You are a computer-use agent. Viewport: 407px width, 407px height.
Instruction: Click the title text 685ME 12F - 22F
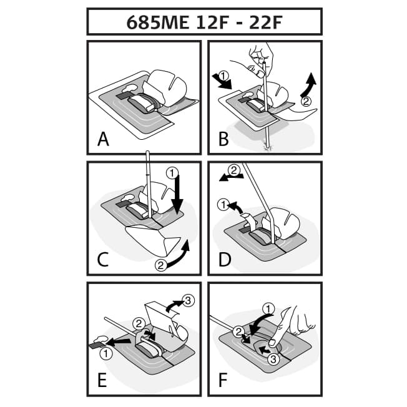pos(203,22)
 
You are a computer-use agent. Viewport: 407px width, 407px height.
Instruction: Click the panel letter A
pos(104,139)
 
